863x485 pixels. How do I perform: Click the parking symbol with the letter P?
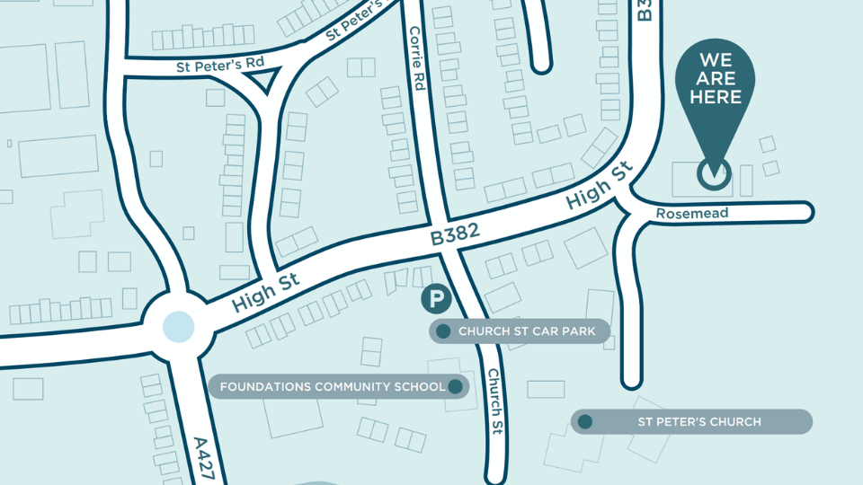click(x=437, y=300)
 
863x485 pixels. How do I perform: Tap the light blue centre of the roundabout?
click(x=178, y=326)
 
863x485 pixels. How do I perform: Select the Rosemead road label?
click(x=691, y=214)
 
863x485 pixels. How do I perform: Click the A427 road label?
click(x=204, y=459)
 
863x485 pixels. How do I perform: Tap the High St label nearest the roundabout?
click(x=265, y=294)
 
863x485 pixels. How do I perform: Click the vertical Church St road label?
click(x=494, y=401)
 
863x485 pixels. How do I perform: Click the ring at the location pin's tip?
click(x=715, y=175)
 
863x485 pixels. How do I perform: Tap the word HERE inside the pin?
click(x=716, y=97)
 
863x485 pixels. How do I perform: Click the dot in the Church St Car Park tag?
click(x=443, y=331)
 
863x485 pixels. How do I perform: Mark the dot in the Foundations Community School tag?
click(x=455, y=387)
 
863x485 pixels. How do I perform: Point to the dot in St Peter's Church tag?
click(x=585, y=421)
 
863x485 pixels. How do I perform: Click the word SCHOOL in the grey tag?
click(x=419, y=387)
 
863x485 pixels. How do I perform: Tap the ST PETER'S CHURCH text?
click(x=699, y=421)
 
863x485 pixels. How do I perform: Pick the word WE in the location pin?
click(x=716, y=60)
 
